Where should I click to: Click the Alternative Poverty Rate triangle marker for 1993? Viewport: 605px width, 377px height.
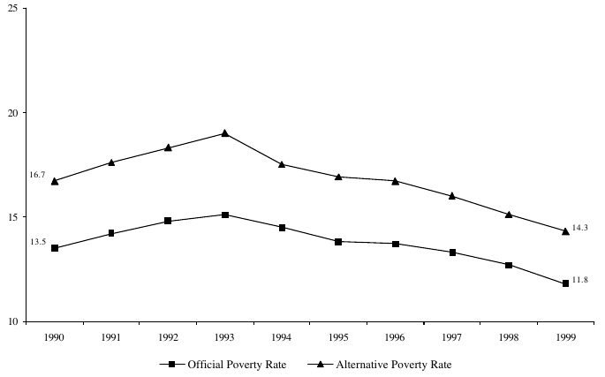click(x=225, y=133)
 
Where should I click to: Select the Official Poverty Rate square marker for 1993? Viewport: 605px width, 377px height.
click(x=225, y=215)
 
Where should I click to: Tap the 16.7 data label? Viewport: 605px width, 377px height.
click(x=37, y=176)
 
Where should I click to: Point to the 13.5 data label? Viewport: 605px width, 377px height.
click(x=37, y=240)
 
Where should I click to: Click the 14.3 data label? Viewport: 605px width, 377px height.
click(x=580, y=228)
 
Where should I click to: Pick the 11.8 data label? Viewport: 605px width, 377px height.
click(x=580, y=280)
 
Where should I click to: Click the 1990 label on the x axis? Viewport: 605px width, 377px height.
click(x=55, y=336)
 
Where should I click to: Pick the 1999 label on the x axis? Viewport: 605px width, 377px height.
click(x=565, y=336)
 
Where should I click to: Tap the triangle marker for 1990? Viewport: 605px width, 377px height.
click(x=55, y=181)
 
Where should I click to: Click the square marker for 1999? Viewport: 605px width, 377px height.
click(x=565, y=283)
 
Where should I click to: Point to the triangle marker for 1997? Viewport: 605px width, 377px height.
click(x=452, y=196)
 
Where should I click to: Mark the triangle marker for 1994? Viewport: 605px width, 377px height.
click(x=282, y=164)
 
